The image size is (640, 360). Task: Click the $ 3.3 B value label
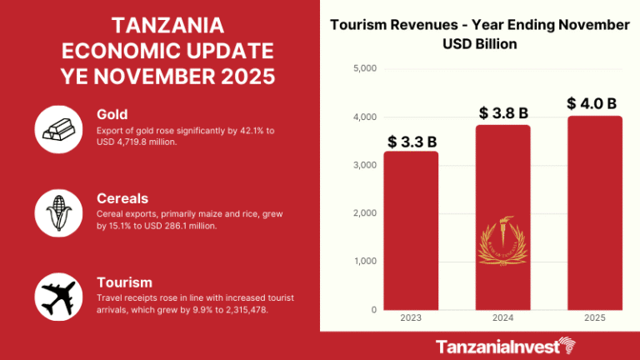click(411, 141)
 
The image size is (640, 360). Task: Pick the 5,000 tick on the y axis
click(365, 68)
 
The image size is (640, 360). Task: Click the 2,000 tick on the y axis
click(365, 213)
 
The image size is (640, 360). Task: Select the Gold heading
click(112, 113)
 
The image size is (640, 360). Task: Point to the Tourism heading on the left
click(124, 282)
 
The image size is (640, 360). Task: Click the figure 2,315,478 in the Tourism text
click(247, 310)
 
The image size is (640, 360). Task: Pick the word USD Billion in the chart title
click(479, 43)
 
